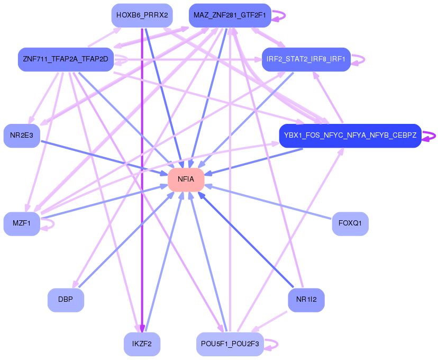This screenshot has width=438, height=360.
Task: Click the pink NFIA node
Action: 186,179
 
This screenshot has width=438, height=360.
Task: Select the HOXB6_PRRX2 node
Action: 142,15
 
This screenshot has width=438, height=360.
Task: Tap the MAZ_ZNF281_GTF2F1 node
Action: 230,15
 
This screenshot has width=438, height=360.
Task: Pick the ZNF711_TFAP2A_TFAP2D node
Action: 65,59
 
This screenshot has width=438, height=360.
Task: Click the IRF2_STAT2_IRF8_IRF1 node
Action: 306,59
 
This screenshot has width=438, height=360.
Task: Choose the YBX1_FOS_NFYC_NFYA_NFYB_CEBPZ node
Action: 350,136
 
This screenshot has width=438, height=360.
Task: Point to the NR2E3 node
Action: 22,136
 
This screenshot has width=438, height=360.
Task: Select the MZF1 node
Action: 22,223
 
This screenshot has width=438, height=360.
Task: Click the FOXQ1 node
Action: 350,223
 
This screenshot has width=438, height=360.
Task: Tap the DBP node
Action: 66,300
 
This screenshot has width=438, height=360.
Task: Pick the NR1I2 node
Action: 306,300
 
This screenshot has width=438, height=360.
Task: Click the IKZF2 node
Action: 142,344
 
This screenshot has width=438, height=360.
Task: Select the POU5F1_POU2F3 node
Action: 230,344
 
